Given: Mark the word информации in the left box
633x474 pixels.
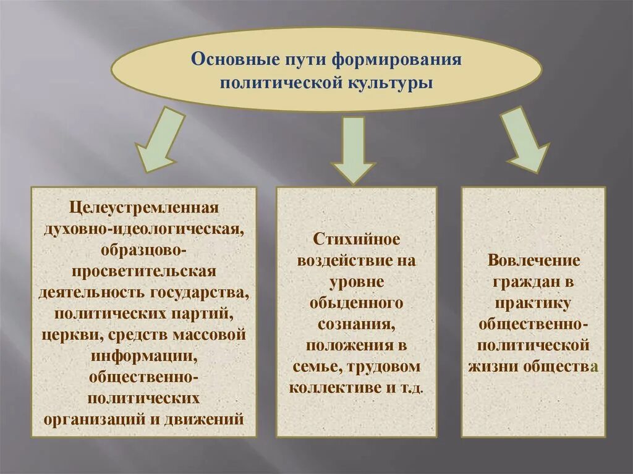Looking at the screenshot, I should (143, 356).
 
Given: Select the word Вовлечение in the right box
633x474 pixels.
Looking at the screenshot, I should (533, 260).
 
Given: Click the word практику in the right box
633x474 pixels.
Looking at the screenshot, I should (533, 303).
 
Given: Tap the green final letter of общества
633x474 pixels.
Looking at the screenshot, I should (594, 367).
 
